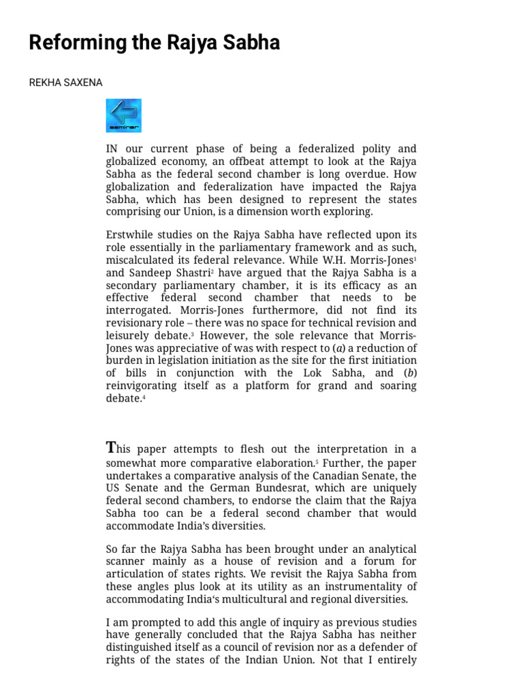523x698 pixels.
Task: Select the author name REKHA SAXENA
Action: (x=65, y=82)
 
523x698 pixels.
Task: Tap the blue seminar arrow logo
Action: (x=123, y=115)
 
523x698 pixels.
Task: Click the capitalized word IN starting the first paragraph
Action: (x=112, y=149)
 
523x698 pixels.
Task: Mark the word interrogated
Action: (x=138, y=310)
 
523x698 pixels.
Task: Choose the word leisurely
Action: (x=129, y=335)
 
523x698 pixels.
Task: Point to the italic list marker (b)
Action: (x=409, y=373)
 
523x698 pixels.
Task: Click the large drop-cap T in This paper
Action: (x=111, y=448)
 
